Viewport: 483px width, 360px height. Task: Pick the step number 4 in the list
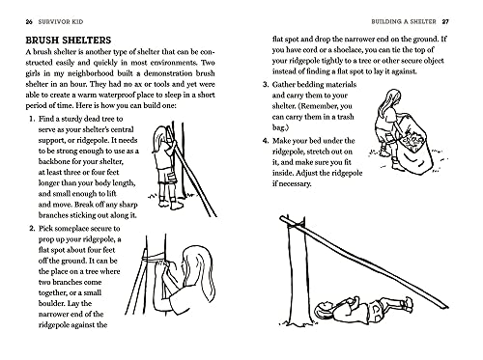click(x=266, y=139)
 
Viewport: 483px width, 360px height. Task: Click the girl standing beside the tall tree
click(x=177, y=186)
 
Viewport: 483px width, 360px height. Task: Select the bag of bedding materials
click(x=416, y=148)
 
